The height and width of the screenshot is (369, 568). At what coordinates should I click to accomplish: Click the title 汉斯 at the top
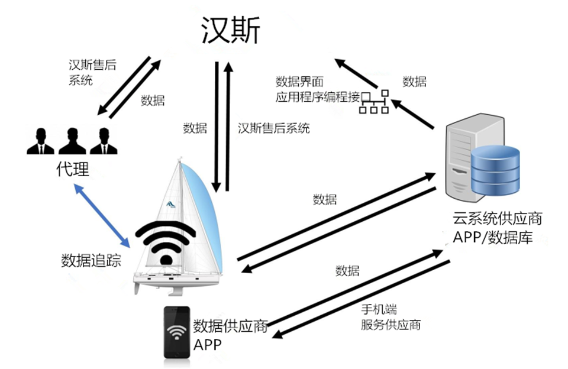click(x=230, y=30)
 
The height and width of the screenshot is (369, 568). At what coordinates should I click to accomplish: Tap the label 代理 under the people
click(x=73, y=170)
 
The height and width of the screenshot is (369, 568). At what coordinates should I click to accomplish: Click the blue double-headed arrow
click(x=101, y=215)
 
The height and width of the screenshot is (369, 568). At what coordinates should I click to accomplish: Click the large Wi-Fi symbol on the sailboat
click(x=166, y=242)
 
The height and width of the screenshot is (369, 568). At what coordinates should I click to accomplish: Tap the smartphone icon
click(x=176, y=332)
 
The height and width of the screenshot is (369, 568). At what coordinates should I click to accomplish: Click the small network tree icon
click(x=375, y=102)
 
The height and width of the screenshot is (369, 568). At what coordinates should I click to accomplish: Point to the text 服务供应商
click(x=390, y=325)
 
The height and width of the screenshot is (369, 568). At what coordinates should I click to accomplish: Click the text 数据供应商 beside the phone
click(x=231, y=327)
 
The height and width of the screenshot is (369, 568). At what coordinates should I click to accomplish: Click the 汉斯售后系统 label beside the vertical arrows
click(x=273, y=128)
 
